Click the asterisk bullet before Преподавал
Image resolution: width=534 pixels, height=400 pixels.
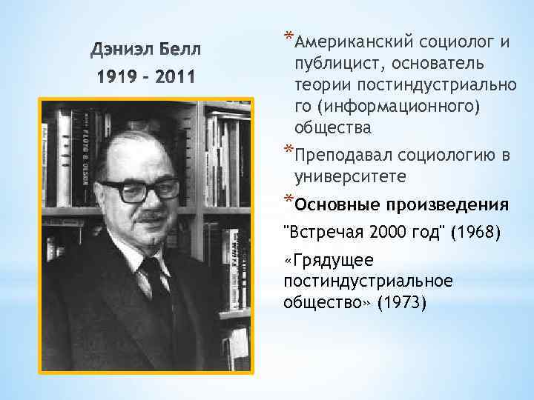pos(289,153)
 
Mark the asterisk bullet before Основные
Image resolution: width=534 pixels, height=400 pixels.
pos(289,200)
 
